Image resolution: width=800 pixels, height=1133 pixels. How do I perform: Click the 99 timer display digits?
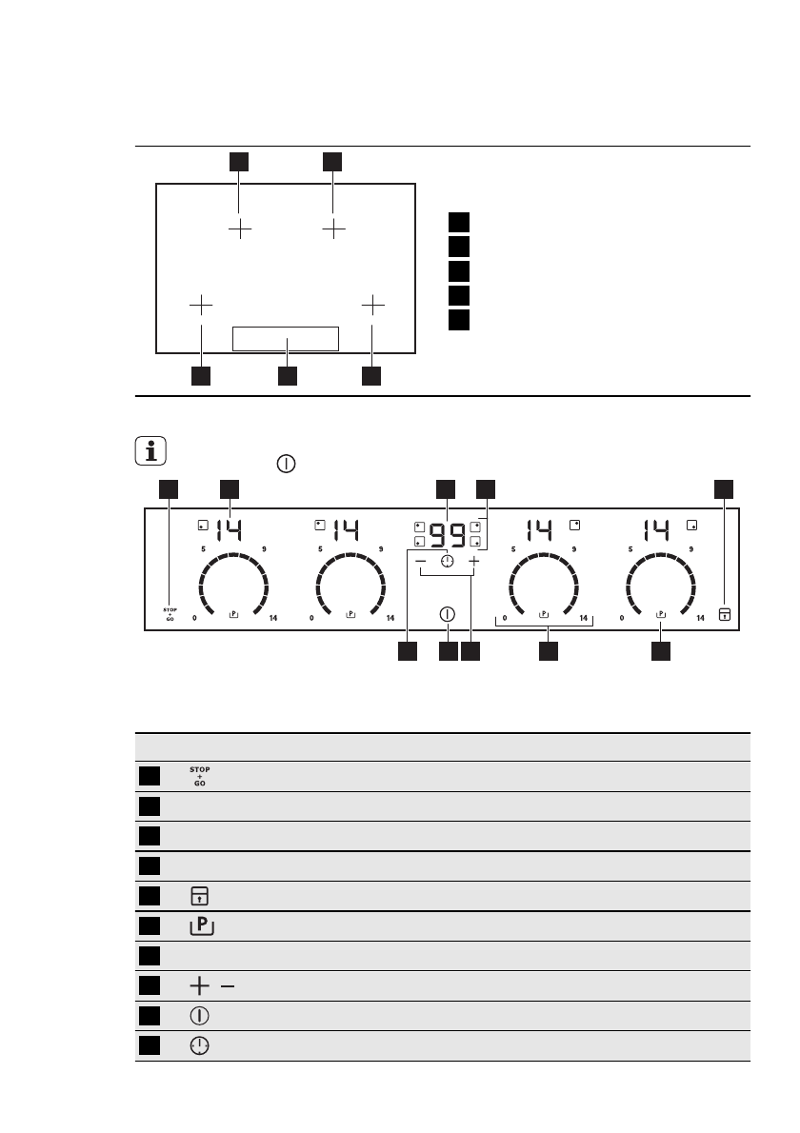447,534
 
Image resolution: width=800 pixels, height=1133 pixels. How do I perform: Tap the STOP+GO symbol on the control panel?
170,613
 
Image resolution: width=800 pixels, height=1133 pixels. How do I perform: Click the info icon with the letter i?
150,450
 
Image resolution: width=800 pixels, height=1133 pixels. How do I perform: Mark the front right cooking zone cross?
373,305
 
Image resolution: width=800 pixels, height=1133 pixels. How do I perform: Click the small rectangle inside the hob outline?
286,338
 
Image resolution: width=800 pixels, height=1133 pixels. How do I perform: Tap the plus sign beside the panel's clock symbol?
473,562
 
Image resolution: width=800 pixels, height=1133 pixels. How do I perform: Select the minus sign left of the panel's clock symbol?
421,562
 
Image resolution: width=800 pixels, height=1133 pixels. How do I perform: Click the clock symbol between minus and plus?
448,562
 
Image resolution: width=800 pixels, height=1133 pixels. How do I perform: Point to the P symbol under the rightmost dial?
662,615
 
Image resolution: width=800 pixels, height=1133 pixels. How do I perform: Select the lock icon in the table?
200,896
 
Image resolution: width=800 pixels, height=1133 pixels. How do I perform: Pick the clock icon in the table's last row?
200,1045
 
